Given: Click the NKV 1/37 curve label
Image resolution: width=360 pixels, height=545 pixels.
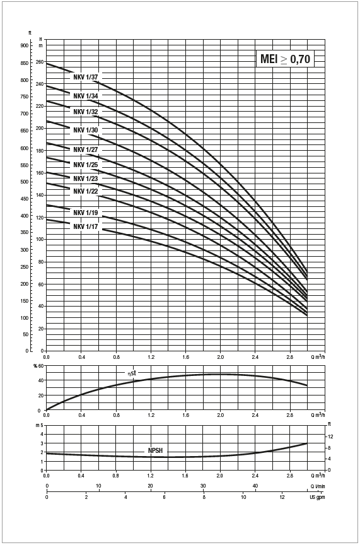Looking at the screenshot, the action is point(86,78).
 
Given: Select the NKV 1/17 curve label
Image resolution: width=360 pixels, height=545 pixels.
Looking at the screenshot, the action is point(86,227).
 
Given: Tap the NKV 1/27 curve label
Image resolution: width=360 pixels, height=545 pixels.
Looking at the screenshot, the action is point(86,149).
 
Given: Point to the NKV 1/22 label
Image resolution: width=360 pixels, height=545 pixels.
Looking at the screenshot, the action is point(86,191).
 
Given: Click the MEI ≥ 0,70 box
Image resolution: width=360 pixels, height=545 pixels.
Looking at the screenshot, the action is point(285,59).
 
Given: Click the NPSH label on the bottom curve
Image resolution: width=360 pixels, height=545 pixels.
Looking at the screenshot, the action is point(155,451).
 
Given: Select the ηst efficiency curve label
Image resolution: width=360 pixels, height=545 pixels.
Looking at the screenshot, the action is point(132,373).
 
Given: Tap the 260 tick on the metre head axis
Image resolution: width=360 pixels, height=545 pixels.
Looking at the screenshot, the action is point(40,62).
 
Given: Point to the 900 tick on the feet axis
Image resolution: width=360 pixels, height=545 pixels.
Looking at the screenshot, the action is point(25,45).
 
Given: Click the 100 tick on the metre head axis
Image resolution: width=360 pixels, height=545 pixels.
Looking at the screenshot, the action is point(40,239).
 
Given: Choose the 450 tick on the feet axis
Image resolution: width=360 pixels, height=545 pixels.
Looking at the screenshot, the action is point(25,199).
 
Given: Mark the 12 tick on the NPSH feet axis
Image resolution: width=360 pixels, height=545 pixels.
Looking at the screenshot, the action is point(331,437).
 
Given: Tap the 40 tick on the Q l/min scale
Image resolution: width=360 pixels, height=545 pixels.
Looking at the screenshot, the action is point(255,486).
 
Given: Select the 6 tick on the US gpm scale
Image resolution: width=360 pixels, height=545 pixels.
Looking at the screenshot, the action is point(165,497).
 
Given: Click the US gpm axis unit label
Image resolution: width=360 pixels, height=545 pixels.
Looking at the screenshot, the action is point(317,497).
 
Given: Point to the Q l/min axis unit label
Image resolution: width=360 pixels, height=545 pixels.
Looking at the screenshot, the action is point(317,486).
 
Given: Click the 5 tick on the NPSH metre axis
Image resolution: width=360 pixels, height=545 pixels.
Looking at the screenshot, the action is point(42,425).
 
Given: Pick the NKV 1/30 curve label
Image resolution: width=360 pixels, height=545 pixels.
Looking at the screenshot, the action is point(86,130).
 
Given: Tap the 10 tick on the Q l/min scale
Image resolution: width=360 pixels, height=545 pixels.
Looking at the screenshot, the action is point(99,486).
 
